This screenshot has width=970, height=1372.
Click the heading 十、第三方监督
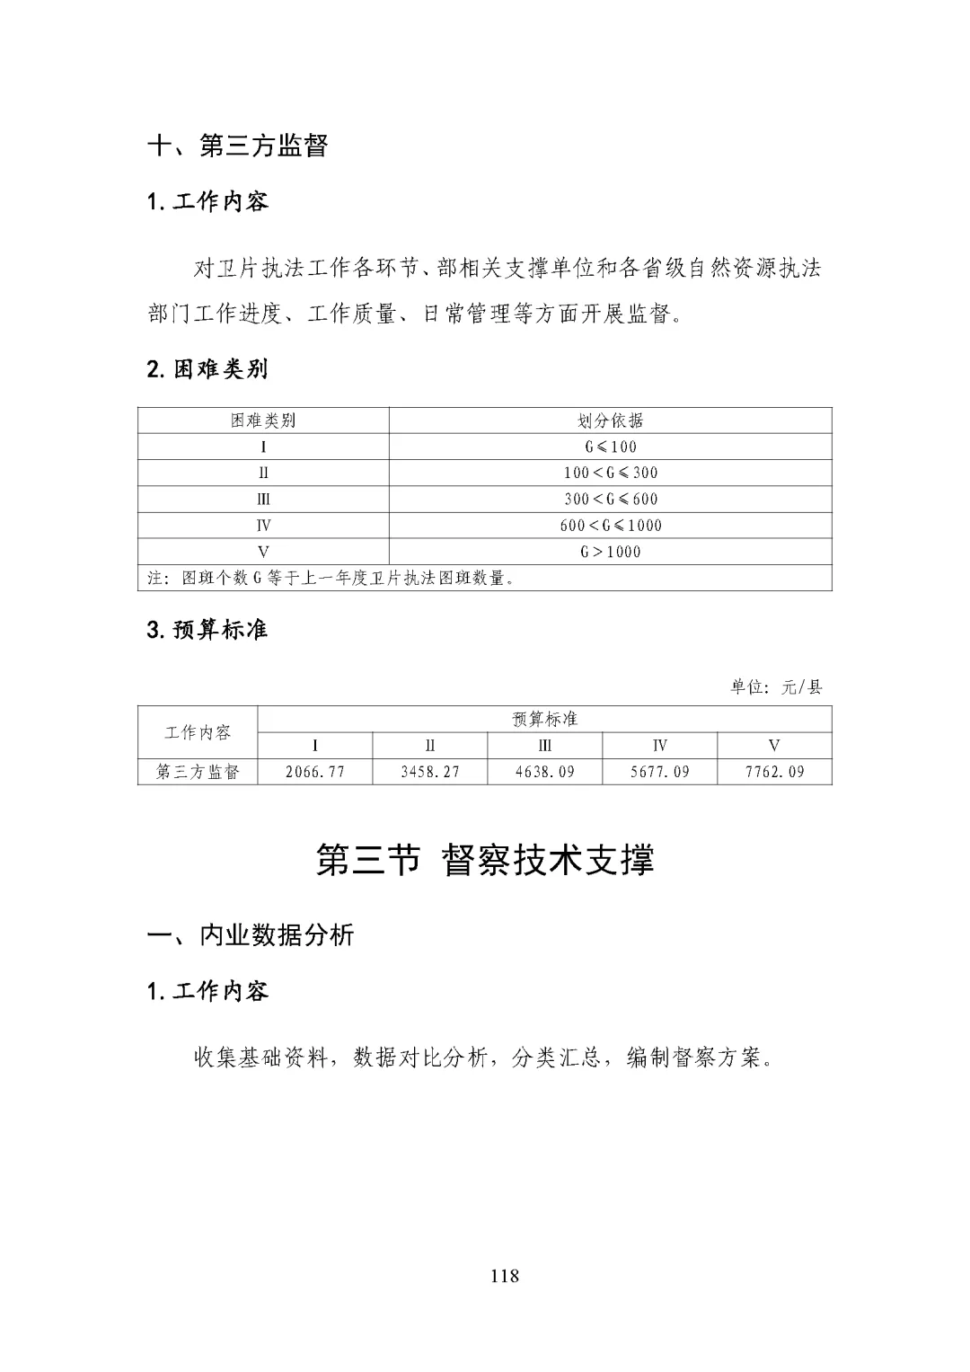(x=238, y=146)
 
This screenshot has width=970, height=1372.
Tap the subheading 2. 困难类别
(x=207, y=369)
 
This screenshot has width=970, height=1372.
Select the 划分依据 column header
(x=610, y=420)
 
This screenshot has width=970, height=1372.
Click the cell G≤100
(x=611, y=447)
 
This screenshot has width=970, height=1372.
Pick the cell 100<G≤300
(x=611, y=473)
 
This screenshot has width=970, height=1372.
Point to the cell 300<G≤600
(x=611, y=500)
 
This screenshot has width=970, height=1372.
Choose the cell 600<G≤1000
(x=611, y=526)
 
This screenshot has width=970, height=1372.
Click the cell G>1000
(x=611, y=552)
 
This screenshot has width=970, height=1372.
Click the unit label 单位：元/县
(x=776, y=687)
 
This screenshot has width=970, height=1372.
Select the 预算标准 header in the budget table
(x=544, y=719)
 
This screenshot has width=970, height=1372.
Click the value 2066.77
(x=315, y=772)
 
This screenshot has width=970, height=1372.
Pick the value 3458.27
(x=430, y=772)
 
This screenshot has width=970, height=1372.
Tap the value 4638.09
(x=545, y=772)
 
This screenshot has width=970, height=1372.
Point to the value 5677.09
(x=660, y=772)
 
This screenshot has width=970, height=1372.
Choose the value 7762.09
(x=775, y=772)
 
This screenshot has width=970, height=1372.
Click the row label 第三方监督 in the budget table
(x=198, y=772)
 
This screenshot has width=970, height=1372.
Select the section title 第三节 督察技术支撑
(x=485, y=860)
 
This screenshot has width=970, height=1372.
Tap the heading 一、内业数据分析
(x=251, y=935)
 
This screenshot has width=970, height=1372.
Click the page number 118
(x=505, y=1276)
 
